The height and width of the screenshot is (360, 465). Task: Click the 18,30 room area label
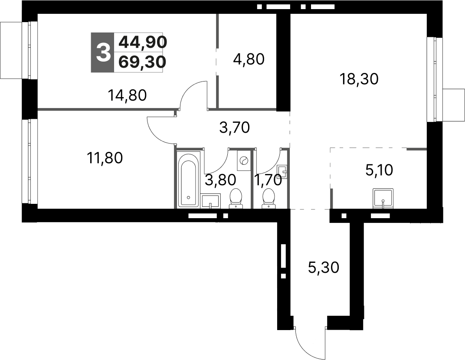click(x=360, y=79)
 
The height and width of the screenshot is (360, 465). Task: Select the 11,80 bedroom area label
click(x=105, y=158)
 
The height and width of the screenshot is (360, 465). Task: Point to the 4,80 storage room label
click(x=249, y=59)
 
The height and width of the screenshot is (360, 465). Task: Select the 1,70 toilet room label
click(x=268, y=179)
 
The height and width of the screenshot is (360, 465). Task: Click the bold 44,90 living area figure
click(x=142, y=42)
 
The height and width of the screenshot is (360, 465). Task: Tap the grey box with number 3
click(x=102, y=52)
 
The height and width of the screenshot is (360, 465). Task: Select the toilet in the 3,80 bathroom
click(x=236, y=198)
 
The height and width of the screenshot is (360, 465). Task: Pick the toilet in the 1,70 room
click(x=269, y=198)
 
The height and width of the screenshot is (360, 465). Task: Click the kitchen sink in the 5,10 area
click(x=383, y=197)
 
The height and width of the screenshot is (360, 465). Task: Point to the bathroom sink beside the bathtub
click(x=211, y=201)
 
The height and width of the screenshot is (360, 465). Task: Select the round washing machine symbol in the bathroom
click(x=243, y=161)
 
